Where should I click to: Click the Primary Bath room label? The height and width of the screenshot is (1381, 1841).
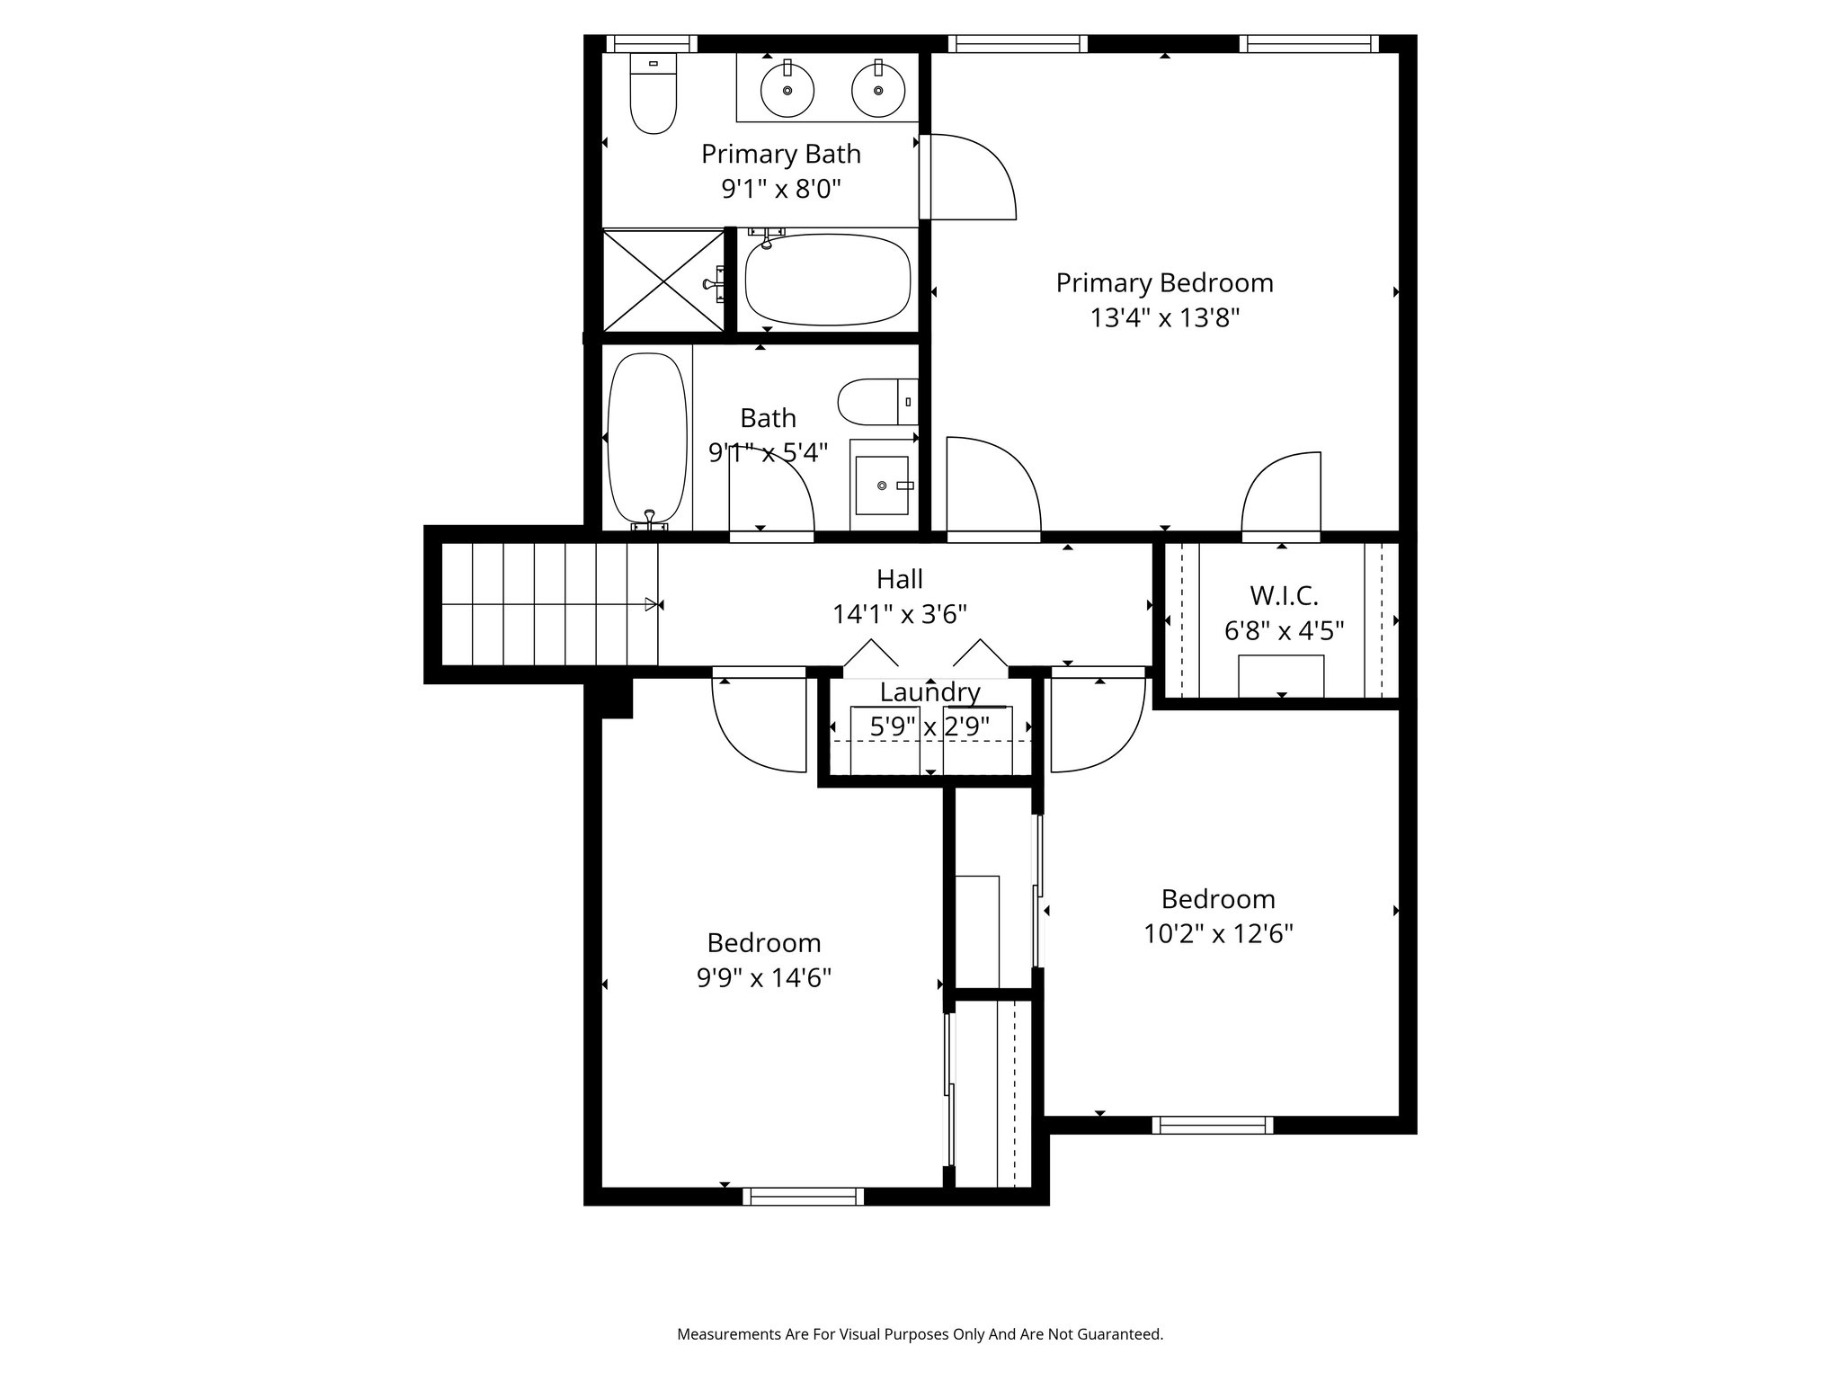(x=781, y=155)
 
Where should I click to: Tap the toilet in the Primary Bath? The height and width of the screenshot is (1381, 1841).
(x=653, y=94)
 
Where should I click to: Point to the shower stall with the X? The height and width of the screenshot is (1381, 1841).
(x=663, y=281)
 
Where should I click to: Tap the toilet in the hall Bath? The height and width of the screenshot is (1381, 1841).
(x=878, y=401)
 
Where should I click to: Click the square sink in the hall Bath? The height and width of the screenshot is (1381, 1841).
(x=882, y=486)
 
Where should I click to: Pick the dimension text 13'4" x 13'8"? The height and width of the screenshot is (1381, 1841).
(x=1165, y=318)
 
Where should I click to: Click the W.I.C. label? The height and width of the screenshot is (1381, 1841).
(x=1284, y=595)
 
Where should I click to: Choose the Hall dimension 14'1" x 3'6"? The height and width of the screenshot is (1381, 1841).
(x=900, y=615)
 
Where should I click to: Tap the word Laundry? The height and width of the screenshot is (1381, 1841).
(x=929, y=692)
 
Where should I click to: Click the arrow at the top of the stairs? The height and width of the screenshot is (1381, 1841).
(x=651, y=604)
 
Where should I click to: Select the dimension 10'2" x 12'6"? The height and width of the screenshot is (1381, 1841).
(x=1218, y=934)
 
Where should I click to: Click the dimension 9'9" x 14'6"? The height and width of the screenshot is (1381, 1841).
(x=764, y=977)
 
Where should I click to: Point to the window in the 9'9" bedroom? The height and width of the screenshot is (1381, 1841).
(x=804, y=1197)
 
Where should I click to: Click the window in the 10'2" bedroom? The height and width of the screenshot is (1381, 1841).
(x=1213, y=1125)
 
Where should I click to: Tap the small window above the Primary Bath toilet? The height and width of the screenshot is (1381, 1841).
(x=652, y=44)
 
